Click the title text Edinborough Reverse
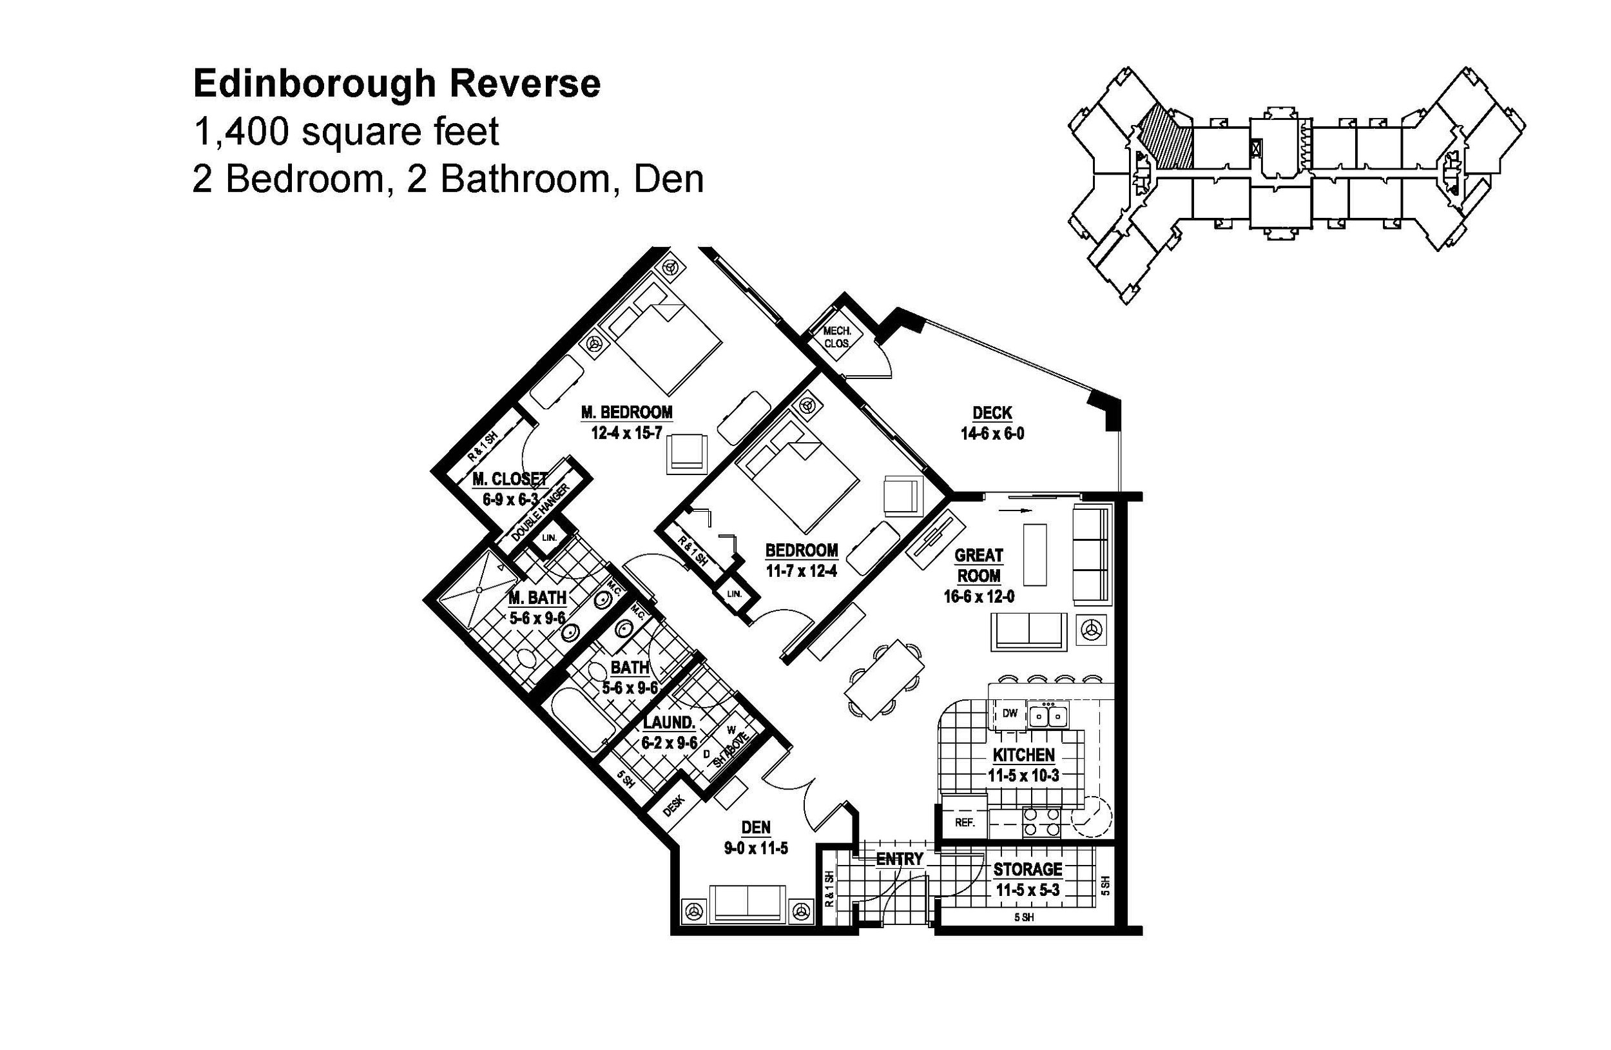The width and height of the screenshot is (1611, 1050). pos(397,84)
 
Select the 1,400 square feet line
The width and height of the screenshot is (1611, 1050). pos(346,131)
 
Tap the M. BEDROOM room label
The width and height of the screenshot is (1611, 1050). pos(626,413)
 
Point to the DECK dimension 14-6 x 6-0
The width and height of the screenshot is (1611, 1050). pos(992,434)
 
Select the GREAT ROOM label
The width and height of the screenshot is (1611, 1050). pos(978,565)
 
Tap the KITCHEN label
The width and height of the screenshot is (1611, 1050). pos(1023,755)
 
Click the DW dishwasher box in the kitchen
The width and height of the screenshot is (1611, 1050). pos(1009,714)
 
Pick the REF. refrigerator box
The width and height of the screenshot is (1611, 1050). pos(964,823)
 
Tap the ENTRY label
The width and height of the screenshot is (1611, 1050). pos(899,859)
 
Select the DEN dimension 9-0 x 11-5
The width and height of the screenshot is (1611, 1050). pos(755,848)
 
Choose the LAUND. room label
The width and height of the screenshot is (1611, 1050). pos(669,723)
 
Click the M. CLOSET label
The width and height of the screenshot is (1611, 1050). pos(510,480)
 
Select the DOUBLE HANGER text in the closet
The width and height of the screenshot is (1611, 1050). pos(540,511)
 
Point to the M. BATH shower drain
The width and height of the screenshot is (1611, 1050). pos(479,590)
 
